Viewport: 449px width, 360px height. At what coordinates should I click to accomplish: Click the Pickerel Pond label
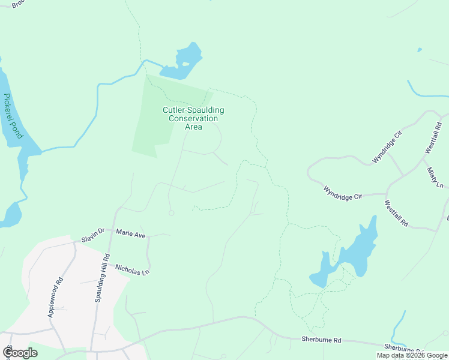click(x=13, y=116)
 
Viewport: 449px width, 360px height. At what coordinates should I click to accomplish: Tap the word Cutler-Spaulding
click(x=193, y=110)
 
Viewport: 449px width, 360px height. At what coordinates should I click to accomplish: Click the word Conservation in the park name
click(x=193, y=119)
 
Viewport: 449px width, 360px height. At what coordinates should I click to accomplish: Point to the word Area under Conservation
click(x=193, y=127)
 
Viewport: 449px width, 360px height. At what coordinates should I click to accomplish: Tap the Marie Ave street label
click(x=131, y=233)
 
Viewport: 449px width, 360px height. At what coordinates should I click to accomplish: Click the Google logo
click(x=20, y=353)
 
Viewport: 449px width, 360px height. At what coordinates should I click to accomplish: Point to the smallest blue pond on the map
click(x=419, y=50)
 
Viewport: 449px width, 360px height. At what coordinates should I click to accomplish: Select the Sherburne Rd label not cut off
click(x=321, y=340)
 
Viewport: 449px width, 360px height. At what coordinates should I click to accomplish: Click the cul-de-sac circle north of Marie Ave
click(x=172, y=213)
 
